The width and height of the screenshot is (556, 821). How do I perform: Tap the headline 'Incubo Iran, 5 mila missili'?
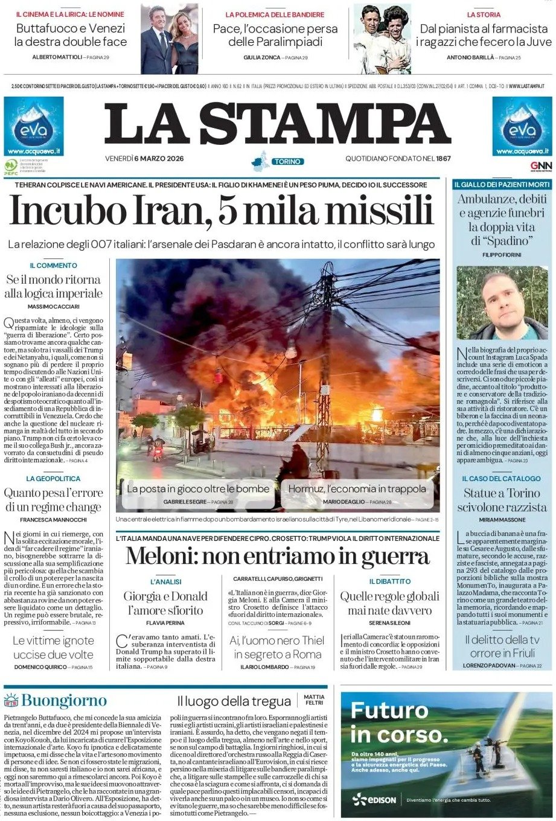tap(222, 212)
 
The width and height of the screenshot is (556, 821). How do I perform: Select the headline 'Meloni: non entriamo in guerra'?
tap(277, 555)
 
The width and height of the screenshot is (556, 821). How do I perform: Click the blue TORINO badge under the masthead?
tap(287, 162)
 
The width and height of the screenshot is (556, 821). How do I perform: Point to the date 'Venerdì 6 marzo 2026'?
tap(144, 159)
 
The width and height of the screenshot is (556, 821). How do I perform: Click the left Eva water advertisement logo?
tap(34, 126)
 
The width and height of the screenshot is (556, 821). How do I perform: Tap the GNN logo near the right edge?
tap(541, 166)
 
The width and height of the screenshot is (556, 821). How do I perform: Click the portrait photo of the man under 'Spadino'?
tap(502, 303)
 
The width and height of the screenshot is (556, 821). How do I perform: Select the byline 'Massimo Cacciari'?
tap(53, 307)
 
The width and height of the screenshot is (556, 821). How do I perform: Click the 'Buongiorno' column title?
tap(63, 701)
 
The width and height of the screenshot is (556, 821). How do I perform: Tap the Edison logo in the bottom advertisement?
tap(374, 800)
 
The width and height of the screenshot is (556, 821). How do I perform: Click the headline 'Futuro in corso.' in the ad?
tap(400, 722)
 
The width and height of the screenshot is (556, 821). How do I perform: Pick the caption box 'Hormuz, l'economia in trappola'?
tap(357, 489)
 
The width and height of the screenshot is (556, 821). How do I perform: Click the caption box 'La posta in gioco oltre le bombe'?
tap(198, 489)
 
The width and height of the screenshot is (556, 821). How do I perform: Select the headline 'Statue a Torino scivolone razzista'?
tap(502, 500)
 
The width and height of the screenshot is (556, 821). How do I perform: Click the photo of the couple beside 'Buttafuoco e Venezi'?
tap(170, 39)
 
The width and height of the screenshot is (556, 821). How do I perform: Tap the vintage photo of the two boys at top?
tap(382, 39)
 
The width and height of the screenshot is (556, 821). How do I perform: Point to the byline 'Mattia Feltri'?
tap(314, 700)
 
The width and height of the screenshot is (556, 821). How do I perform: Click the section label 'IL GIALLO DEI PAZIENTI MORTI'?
tap(502, 184)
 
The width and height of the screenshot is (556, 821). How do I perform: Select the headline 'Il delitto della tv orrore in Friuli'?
tap(502, 646)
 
